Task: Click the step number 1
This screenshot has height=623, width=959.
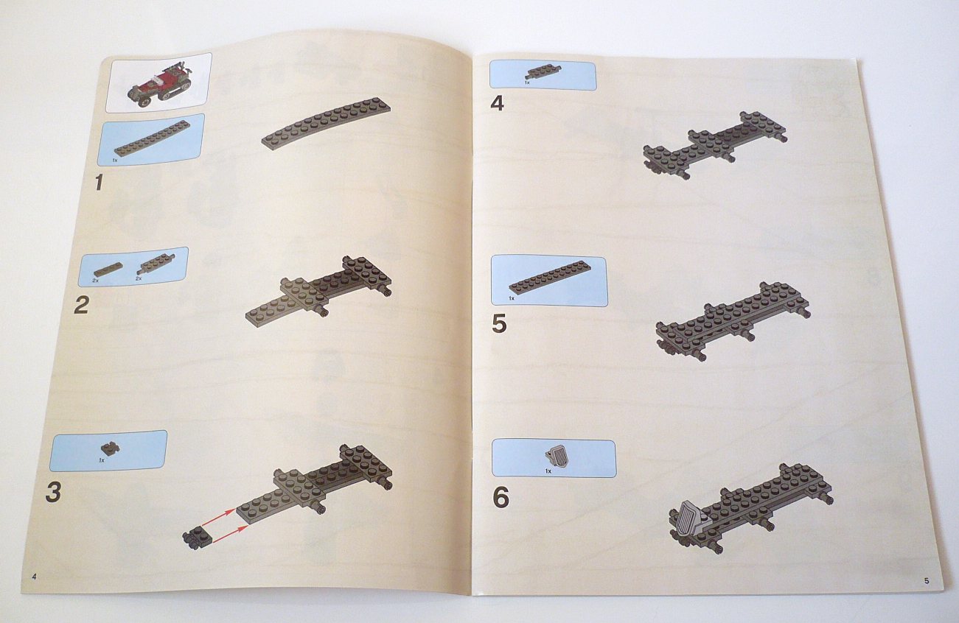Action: tap(99, 183)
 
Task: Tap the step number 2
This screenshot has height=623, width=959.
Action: tap(81, 306)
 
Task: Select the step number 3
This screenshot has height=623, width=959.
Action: tap(53, 492)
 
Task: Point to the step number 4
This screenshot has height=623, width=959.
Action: tap(497, 103)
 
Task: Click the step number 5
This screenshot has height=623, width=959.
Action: tap(499, 323)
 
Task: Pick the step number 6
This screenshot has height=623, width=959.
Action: tap(501, 499)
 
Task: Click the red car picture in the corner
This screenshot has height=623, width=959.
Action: tap(158, 85)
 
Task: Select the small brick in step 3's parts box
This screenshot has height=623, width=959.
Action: tap(110, 448)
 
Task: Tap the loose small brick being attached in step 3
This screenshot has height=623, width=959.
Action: tap(197, 537)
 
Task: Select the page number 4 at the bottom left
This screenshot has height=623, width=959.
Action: tap(34, 577)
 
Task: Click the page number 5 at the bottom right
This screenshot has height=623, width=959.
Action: tap(927, 581)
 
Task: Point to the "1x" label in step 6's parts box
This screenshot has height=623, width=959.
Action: tap(548, 471)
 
